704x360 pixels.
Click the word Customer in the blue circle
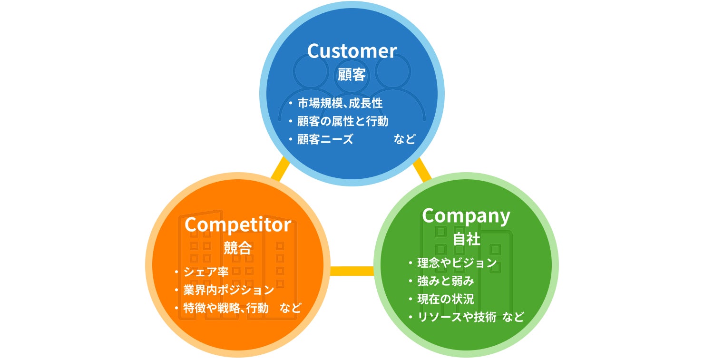[x=352, y=51]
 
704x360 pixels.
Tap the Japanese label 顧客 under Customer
[x=352, y=75]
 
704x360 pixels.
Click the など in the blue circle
[x=405, y=139]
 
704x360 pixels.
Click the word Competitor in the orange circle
[x=238, y=225]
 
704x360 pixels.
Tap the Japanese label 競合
[x=238, y=248]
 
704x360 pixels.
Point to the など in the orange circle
[x=291, y=308]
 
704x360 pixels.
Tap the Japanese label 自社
[x=466, y=239]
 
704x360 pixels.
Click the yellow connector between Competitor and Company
[x=352, y=271]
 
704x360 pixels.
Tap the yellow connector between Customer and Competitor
[x=280, y=169]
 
